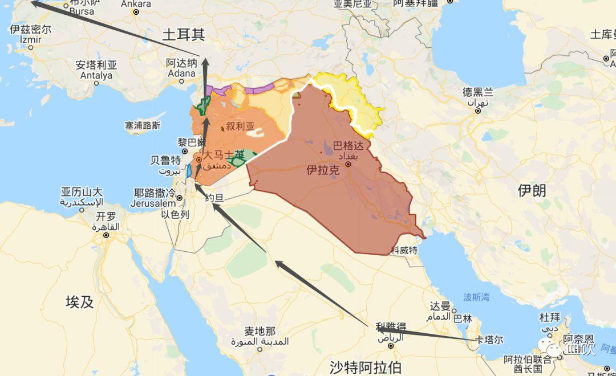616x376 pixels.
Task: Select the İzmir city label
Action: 31,40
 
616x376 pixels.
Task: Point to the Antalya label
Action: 96,75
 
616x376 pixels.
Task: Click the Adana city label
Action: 181,73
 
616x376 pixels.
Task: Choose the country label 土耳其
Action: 183,35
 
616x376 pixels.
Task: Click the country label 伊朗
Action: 532,190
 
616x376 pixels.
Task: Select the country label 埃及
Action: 79,302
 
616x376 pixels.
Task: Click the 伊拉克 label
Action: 323,170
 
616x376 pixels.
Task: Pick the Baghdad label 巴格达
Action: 348,145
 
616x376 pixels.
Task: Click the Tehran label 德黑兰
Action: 478,92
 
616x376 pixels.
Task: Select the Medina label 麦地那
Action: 260,331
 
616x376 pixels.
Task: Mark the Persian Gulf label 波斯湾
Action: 476,297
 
